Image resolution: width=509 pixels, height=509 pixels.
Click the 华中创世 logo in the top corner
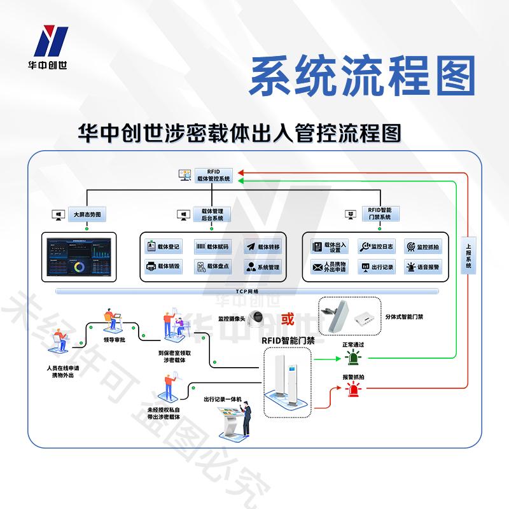(52, 48)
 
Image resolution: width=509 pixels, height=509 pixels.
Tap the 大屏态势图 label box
(87, 214)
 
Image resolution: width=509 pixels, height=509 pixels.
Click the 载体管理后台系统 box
(212, 214)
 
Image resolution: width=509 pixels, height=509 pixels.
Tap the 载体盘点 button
(213, 267)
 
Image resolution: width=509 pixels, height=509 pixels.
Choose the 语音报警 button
(423, 267)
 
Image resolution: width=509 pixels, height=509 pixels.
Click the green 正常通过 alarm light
(352, 358)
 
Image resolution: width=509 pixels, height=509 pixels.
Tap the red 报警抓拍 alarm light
(352, 389)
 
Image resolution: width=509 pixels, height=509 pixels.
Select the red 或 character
(288, 318)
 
